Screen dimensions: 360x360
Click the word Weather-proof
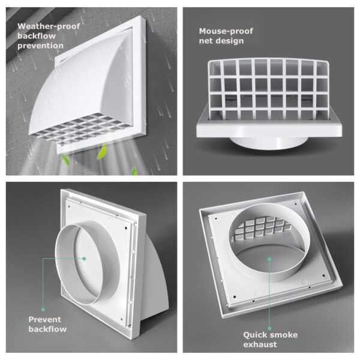click(x=49, y=26)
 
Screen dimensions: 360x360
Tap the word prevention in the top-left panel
click(x=40, y=46)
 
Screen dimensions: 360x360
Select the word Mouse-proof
click(x=226, y=31)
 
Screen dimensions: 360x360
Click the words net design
click(x=221, y=41)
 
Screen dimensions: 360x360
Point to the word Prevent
click(x=45, y=319)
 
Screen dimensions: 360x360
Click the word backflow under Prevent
click(x=47, y=329)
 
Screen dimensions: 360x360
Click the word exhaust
click(x=260, y=344)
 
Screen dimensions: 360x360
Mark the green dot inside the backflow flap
click(x=84, y=259)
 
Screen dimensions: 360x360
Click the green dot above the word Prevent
click(x=43, y=310)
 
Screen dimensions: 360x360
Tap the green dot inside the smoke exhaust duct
click(x=269, y=259)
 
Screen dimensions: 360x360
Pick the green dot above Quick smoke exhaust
click(x=269, y=329)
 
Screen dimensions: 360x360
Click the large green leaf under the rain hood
click(x=101, y=152)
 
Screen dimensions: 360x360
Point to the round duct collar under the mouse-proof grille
click(x=269, y=143)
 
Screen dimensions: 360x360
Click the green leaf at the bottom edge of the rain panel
click(x=134, y=171)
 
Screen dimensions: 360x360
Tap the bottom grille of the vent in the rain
click(x=80, y=128)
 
